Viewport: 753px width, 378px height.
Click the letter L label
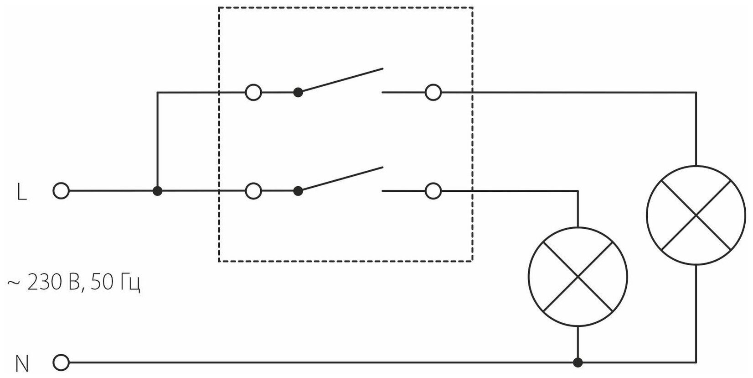(x=21, y=193)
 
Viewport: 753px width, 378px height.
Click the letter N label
(x=22, y=364)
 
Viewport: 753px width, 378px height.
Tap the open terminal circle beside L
(x=61, y=191)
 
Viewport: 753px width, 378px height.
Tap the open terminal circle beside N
(x=61, y=363)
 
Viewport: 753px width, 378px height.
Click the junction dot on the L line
(x=157, y=191)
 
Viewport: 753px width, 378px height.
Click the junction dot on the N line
(x=578, y=363)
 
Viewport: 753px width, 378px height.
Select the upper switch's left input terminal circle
(x=253, y=92)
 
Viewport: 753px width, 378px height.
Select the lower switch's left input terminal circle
(x=253, y=191)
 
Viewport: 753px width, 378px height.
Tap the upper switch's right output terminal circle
(x=433, y=92)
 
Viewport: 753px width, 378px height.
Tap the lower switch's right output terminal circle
(x=433, y=191)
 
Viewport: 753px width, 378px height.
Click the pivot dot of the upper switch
(x=298, y=92)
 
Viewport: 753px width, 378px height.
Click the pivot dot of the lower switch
(x=298, y=191)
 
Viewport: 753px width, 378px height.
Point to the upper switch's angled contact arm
(x=341, y=80)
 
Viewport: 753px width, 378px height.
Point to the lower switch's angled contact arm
(x=341, y=179)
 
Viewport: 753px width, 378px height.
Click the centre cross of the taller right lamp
(x=696, y=215)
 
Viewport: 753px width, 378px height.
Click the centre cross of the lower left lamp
(x=578, y=277)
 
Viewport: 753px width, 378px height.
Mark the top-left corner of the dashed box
(x=219, y=8)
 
